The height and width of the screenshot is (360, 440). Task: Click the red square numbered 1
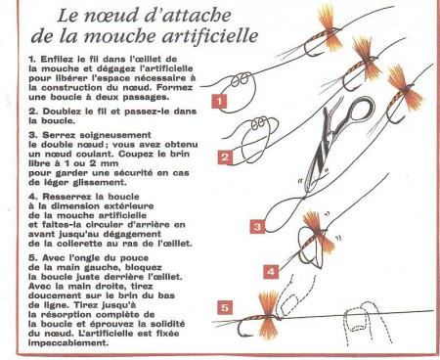(x=220, y=100)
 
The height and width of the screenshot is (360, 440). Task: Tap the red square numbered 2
(x=224, y=157)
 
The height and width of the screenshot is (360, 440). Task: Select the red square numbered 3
(x=256, y=227)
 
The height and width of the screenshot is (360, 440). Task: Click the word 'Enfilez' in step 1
(x=45, y=62)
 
